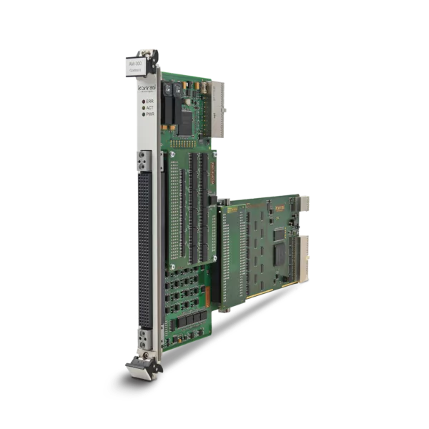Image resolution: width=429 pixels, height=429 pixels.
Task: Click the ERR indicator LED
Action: click(x=142, y=102)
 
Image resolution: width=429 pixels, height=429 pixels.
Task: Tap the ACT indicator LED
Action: click(x=142, y=108)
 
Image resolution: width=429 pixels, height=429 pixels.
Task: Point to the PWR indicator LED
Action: click(x=142, y=114)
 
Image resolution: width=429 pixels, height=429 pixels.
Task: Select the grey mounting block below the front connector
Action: click(x=144, y=336)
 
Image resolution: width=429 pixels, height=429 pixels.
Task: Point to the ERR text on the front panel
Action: click(x=149, y=102)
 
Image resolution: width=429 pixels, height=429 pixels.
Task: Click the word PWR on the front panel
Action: click(x=149, y=114)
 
